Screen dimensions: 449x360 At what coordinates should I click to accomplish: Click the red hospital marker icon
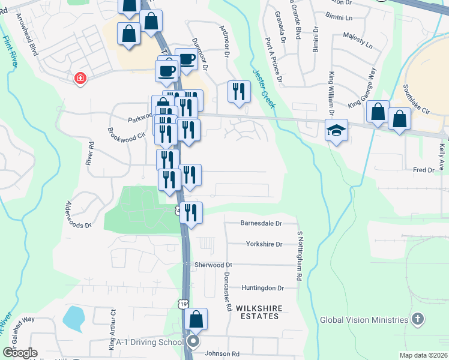click(x=79, y=79)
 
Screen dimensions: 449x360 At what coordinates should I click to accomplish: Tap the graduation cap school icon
click(x=336, y=130)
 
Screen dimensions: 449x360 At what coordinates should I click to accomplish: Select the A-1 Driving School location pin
click(x=193, y=342)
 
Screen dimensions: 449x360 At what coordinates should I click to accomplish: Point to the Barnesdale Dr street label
click(x=261, y=223)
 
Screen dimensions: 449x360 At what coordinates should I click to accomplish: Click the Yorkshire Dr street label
click(x=264, y=244)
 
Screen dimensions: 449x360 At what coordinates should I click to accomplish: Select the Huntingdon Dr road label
click(x=262, y=288)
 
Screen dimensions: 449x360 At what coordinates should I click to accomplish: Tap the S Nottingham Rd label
click(x=298, y=256)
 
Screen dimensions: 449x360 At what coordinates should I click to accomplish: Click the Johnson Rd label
click(x=222, y=353)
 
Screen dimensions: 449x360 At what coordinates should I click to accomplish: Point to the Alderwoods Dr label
click(x=79, y=214)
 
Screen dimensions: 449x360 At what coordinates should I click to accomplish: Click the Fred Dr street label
click(x=423, y=170)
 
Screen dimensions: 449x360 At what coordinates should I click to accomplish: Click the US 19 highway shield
click(x=184, y=304)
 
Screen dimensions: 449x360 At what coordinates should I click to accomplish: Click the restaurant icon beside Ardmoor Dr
click(x=239, y=91)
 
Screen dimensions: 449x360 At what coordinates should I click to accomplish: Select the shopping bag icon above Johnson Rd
click(x=196, y=319)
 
